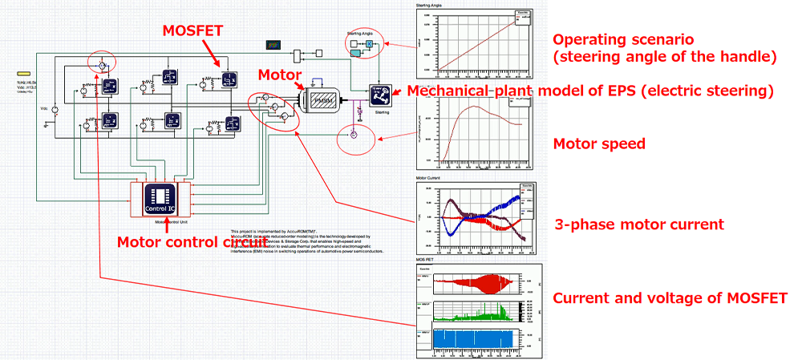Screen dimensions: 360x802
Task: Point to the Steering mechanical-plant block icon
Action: pyautogui.click(x=380, y=95)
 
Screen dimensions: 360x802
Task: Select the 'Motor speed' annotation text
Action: pyautogui.click(x=599, y=144)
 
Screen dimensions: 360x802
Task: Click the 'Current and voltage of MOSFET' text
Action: pyautogui.click(x=670, y=298)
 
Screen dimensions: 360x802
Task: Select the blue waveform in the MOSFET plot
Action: pyautogui.click(x=477, y=340)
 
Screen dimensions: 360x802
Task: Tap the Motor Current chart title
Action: pyautogui.click(x=429, y=178)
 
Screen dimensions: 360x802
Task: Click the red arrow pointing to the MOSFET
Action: pyautogui.click(x=215, y=56)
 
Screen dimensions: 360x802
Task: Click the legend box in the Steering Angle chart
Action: pyautogui.click(x=521, y=16)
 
